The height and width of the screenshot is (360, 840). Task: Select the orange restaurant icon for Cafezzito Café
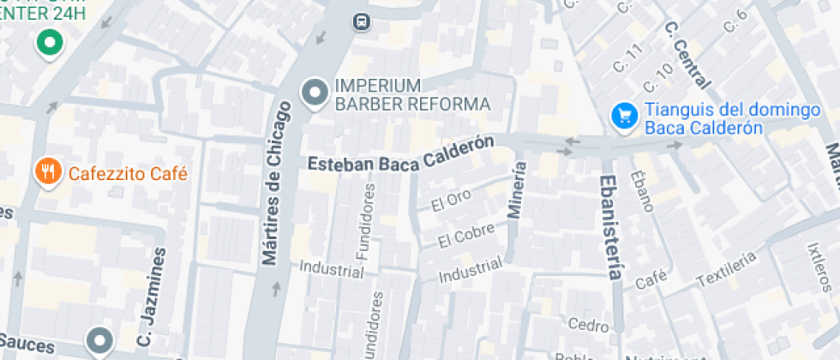tap(49, 172)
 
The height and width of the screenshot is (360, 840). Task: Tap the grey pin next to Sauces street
tap(101, 341)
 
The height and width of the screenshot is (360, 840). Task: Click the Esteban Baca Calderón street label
tap(401, 155)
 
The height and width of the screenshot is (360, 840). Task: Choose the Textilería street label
tap(727, 268)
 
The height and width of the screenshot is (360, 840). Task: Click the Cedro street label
tap(588, 324)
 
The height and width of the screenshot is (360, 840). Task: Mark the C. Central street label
tap(687, 54)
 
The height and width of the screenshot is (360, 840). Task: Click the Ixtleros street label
tap(821, 265)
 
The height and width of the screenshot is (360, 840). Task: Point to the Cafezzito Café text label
tap(128, 173)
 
